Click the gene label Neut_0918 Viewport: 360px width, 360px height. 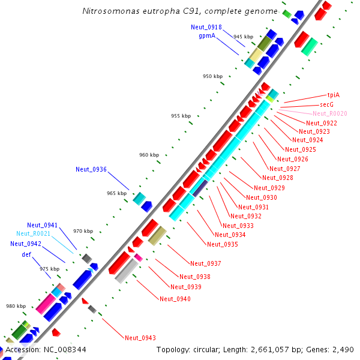(206, 27)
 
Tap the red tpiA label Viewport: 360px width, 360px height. (333, 95)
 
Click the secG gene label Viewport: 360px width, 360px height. (326, 104)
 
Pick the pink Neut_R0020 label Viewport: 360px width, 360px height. (329, 113)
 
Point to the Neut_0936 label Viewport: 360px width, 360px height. (91, 169)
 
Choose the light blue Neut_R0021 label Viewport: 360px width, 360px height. (33, 233)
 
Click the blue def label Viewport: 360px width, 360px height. (26, 254)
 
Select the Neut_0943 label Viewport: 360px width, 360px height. (140, 338)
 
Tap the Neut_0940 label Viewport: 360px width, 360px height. (175, 299)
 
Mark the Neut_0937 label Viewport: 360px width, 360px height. (205, 263)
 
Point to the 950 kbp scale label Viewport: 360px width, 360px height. (212, 76)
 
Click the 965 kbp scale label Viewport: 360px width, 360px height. (117, 193)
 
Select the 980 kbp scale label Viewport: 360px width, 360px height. (16, 306)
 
